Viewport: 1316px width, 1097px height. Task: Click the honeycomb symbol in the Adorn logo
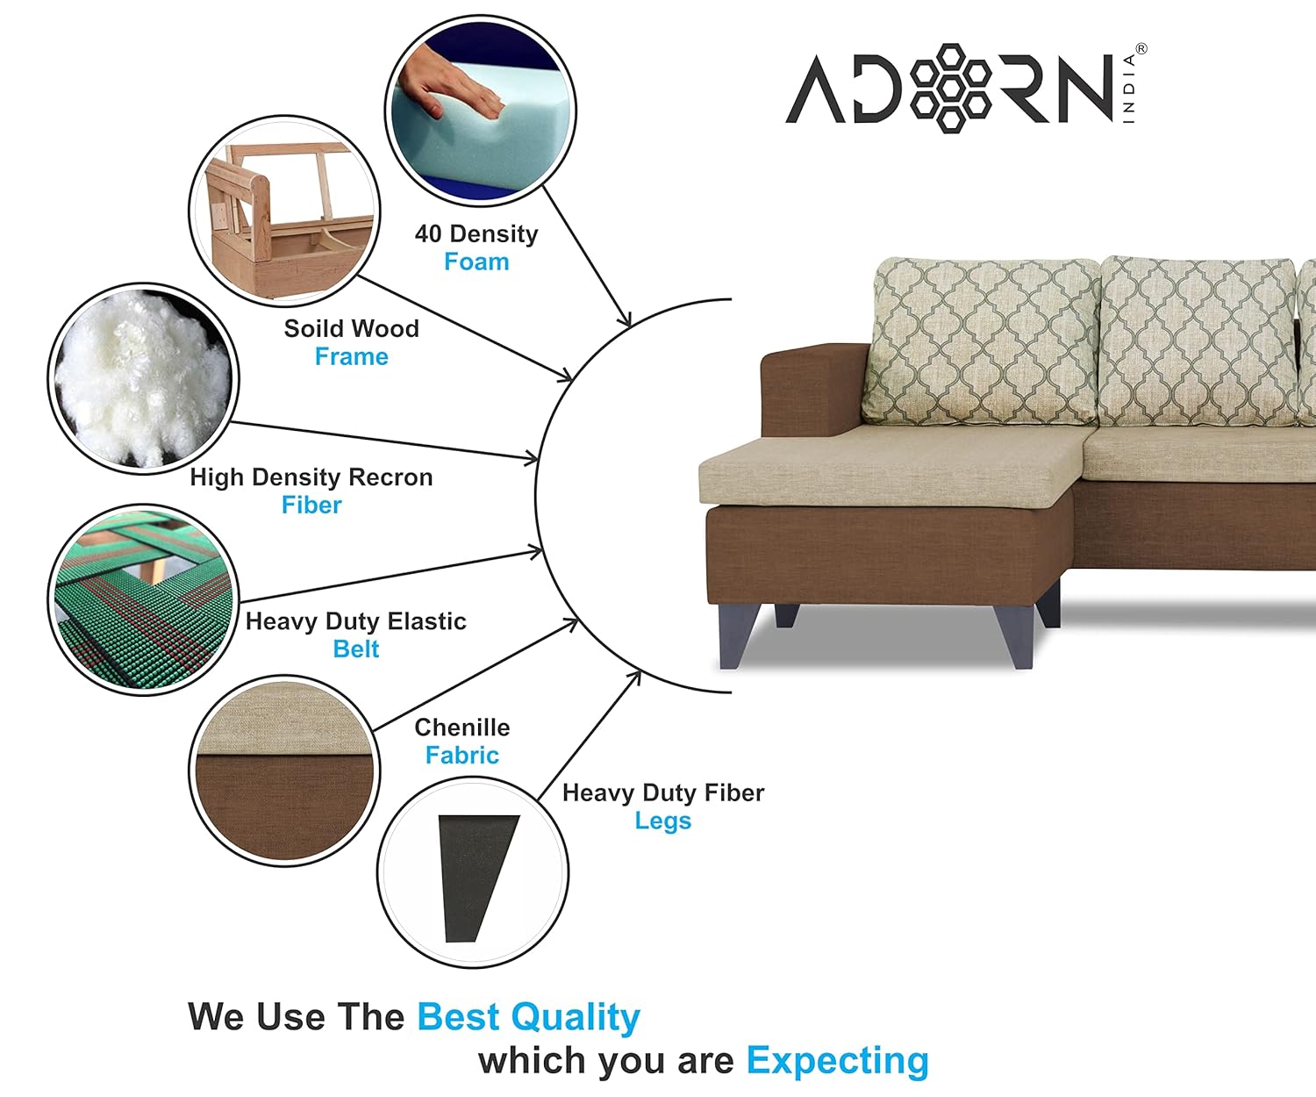(951, 88)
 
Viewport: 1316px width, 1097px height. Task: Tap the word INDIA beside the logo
(1129, 89)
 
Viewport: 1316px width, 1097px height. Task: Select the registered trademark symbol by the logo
(1141, 48)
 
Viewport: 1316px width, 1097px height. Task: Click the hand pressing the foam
(449, 82)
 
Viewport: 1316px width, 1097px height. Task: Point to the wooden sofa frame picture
(284, 211)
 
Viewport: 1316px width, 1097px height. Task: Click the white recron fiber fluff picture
(143, 378)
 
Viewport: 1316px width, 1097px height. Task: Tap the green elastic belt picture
(143, 599)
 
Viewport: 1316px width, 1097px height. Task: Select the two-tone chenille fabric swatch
(284, 771)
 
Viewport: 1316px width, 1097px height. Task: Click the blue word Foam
(476, 262)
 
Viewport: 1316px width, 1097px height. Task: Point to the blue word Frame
(352, 357)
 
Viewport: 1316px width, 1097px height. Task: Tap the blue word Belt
(356, 649)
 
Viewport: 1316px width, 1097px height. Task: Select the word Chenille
(462, 727)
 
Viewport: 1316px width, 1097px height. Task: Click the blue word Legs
(663, 821)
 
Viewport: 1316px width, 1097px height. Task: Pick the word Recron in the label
(390, 477)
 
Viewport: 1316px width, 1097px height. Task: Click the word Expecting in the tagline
(838, 1061)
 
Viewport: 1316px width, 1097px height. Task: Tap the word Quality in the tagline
(576, 1017)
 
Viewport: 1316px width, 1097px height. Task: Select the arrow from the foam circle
(587, 256)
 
